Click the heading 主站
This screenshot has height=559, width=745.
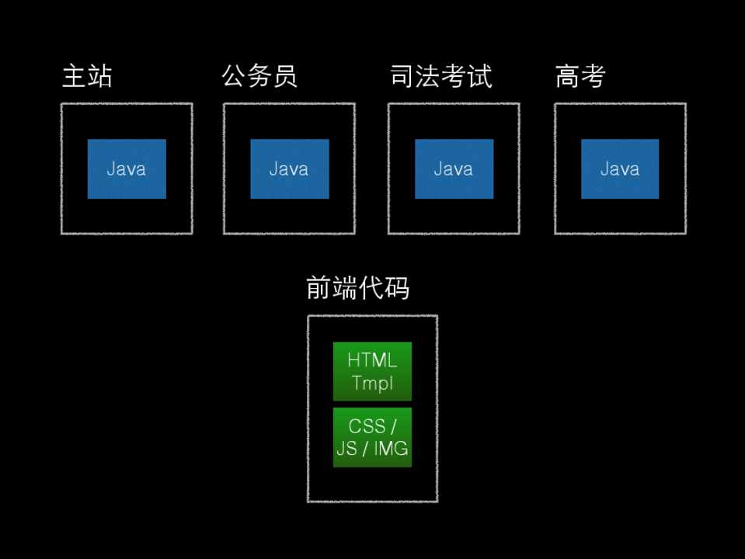tap(87, 77)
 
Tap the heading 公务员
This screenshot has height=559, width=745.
tap(259, 77)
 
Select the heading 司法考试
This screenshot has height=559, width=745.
tap(440, 77)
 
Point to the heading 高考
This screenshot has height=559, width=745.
tap(580, 77)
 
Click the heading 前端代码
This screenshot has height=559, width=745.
tap(358, 288)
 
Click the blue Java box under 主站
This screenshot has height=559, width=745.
tap(127, 169)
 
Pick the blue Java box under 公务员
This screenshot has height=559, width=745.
tap(290, 169)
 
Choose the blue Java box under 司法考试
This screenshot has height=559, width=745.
tap(454, 169)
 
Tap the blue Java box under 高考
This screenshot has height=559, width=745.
tap(620, 169)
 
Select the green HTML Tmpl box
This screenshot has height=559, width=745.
tap(372, 371)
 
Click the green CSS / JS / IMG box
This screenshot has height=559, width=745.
tap(372, 438)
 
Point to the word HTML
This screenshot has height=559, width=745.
tap(372, 361)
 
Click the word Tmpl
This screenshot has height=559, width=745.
tap(372, 382)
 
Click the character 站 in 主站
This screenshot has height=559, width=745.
tap(99, 77)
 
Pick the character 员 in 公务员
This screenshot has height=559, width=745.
tap(285, 77)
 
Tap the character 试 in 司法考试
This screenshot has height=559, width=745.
tap(479, 77)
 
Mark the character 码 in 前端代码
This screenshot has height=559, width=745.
tap(397, 288)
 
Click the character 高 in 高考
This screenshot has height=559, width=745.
tap(568, 77)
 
